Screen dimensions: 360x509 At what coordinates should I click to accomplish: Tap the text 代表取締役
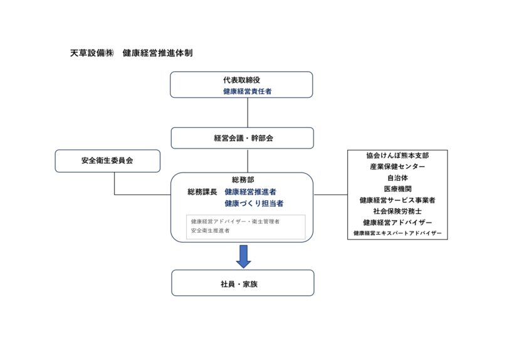point(241,80)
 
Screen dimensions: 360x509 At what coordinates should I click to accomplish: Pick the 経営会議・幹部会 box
point(242,138)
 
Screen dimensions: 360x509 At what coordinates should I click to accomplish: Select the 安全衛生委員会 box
point(107,161)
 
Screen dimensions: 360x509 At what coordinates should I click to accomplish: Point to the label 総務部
point(243,180)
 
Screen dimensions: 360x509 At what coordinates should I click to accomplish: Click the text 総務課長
point(202,192)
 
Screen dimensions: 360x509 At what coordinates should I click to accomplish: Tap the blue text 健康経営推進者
point(251,192)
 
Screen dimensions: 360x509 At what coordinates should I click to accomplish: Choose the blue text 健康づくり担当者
point(254,204)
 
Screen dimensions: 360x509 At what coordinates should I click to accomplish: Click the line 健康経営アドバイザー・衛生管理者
point(235,221)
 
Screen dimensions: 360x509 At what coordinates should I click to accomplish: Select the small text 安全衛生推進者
point(210,231)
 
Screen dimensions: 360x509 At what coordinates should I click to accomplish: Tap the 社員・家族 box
point(242,283)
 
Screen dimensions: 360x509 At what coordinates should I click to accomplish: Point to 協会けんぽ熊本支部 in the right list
point(397,156)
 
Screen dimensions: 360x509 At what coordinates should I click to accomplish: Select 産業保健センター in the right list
point(397,167)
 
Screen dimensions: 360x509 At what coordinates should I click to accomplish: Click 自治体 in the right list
point(397,178)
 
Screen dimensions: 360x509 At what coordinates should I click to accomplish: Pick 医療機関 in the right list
point(397,189)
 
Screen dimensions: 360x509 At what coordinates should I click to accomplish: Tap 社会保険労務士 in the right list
point(397,211)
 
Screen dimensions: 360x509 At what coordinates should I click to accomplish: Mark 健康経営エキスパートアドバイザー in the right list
point(397,233)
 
